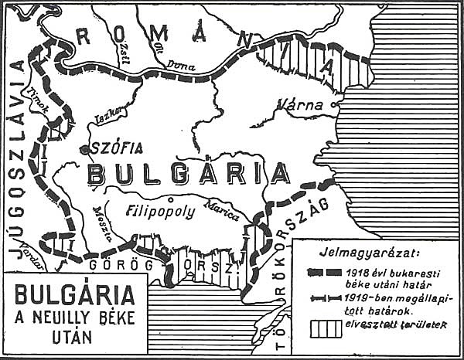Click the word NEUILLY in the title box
pyautogui.click(x=74, y=317)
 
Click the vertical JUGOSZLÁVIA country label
pyautogui.click(x=15, y=162)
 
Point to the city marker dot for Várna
pyautogui.click(x=334, y=104)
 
